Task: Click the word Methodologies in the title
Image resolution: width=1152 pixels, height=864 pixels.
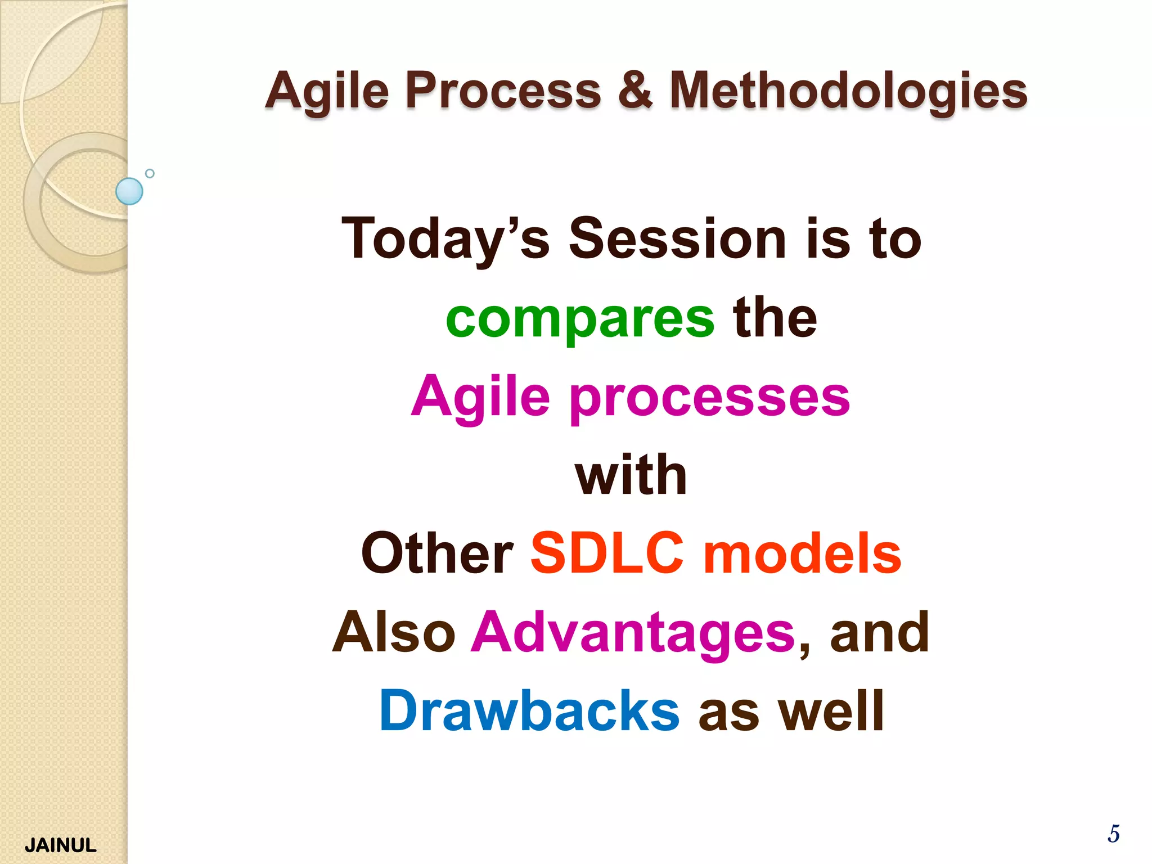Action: pyautogui.click(x=848, y=91)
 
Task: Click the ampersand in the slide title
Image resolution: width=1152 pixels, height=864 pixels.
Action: pyautogui.click(x=635, y=90)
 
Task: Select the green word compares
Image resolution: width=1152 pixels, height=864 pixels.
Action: pyautogui.click(x=580, y=319)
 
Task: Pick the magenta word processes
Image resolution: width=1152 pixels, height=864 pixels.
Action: pyautogui.click(x=710, y=398)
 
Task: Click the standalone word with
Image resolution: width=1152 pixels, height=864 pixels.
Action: pyautogui.click(x=631, y=475)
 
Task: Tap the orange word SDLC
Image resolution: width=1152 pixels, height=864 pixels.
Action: pyautogui.click(x=607, y=554)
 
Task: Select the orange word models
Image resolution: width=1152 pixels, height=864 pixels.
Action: pyautogui.click(x=803, y=554)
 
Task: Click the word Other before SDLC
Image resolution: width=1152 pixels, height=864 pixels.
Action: pyautogui.click(x=437, y=554)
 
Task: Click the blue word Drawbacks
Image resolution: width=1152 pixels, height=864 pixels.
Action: pyautogui.click(x=529, y=712)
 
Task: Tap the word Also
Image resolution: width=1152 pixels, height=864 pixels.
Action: pyautogui.click(x=394, y=633)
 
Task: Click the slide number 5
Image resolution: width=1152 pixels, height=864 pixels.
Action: pyautogui.click(x=1113, y=834)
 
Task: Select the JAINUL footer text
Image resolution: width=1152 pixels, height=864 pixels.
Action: pyautogui.click(x=61, y=845)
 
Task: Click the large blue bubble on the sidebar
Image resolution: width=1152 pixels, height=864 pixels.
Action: pyautogui.click(x=129, y=191)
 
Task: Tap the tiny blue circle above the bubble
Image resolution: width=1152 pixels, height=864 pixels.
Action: pyautogui.click(x=150, y=173)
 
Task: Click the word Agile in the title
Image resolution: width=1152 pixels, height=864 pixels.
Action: pyautogui.click(x=327, y=91)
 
